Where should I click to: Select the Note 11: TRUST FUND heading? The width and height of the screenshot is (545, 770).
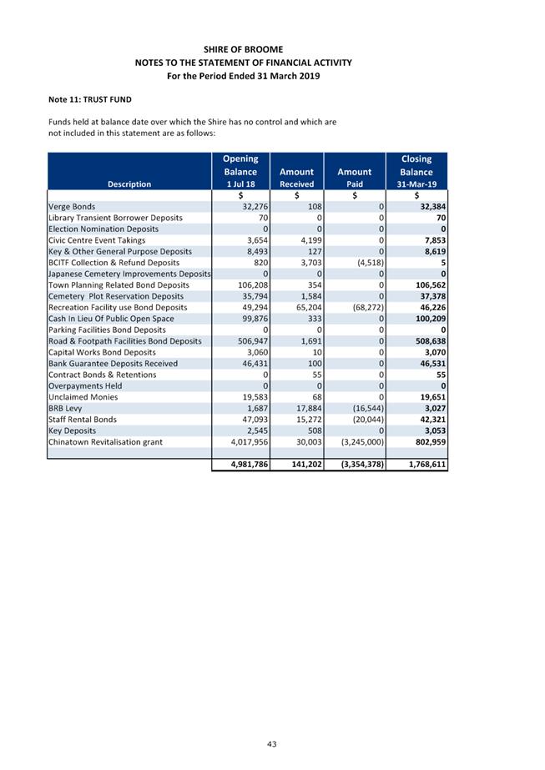pos(90,100)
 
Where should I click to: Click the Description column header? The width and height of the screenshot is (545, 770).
pos(129,184)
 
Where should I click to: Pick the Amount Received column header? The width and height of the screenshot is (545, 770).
pos(296,178)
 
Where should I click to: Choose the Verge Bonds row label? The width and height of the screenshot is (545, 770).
pos(72,206)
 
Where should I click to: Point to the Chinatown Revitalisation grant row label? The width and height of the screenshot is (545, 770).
pos(105,442)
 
